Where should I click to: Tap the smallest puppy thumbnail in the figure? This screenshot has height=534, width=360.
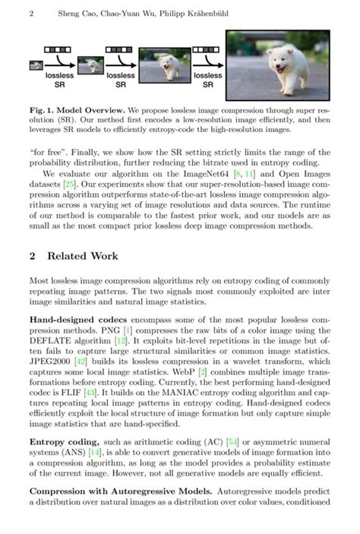pos(36,65)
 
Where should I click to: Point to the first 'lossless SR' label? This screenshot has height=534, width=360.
pos(59,80)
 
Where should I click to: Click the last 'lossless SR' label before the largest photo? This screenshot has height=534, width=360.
pos(207,80)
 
